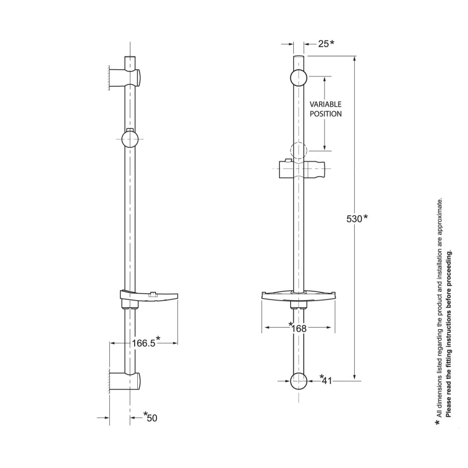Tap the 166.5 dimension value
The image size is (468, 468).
click(144, 343)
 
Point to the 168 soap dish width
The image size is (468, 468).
click(298, 328)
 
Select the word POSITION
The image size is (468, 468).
click(326, 114)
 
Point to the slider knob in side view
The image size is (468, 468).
click(129, 139)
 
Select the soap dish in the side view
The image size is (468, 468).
click(148, 296)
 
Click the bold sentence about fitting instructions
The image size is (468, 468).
click(450, 333)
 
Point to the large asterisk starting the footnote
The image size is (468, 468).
click(438, 423)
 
